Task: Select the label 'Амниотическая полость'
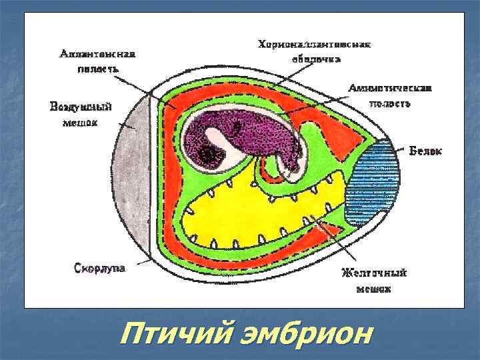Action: pos(391,95)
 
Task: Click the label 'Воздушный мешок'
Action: pos(81,114)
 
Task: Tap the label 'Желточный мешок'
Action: pos(373,281)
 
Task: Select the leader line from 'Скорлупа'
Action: pos(139,265)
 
